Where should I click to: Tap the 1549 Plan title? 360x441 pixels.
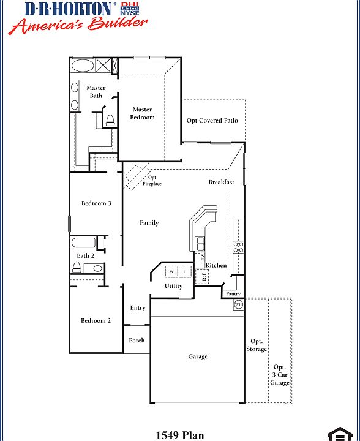179,435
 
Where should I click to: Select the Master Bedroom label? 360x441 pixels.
142,113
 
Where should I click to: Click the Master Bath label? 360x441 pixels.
96,91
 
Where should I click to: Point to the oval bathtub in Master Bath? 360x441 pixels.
83,66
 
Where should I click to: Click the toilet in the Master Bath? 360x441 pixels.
110,120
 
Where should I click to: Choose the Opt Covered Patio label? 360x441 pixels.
212,121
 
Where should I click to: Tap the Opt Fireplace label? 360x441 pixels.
152,181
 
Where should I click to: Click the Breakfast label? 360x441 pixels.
221,183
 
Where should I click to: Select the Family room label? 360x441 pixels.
149,223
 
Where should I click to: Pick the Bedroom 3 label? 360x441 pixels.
96,203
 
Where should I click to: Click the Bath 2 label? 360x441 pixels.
86,255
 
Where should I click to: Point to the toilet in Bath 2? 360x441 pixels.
77,267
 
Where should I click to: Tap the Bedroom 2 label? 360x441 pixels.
96,320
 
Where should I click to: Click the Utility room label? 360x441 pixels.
173,286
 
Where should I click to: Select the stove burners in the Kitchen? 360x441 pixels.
238,247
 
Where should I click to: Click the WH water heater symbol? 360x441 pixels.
238,304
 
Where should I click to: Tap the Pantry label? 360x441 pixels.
233,294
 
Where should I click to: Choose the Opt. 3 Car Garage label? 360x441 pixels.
279,375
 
